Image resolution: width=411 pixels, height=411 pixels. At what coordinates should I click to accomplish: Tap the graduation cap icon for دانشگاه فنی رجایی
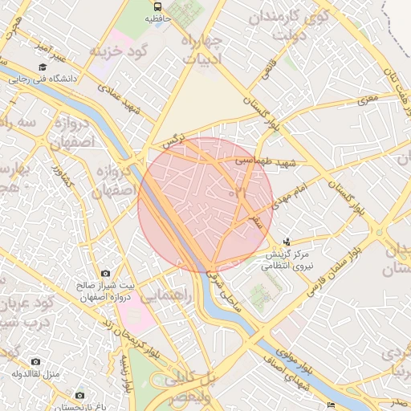(42, 67)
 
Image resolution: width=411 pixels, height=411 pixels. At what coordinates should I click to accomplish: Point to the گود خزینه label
(121, 51)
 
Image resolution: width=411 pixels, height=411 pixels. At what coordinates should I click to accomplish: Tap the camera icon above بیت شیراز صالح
(105, 274)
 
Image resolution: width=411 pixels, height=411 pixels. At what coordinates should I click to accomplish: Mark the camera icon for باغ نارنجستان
(79, 395)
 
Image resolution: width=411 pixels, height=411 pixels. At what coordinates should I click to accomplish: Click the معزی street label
(367, 100)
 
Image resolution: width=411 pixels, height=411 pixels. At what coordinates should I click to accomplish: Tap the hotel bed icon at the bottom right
(331, 404)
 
